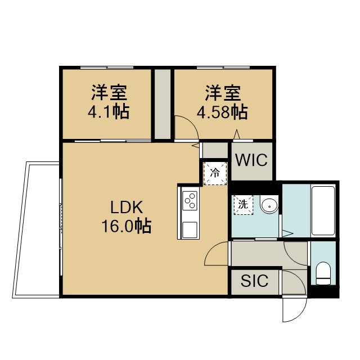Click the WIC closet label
tap(251, 160)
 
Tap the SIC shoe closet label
tap(254, 280)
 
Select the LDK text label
tap(127, 207)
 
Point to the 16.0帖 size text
tap(126, 226)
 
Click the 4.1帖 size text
tap(109, 112)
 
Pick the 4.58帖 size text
tap(222, 112)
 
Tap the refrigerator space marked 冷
tap(215, 173)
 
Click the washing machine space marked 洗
tap(244, 205)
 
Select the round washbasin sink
tap(269, 206)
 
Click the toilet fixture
tap(323, 273)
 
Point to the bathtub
tap(323, 210)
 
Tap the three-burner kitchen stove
tap(190, 201)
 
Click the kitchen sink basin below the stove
tap(190, 230)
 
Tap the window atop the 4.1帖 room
tap(107, 67)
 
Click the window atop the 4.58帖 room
tap(223, 67)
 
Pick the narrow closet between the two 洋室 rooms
tap(163, 103)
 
